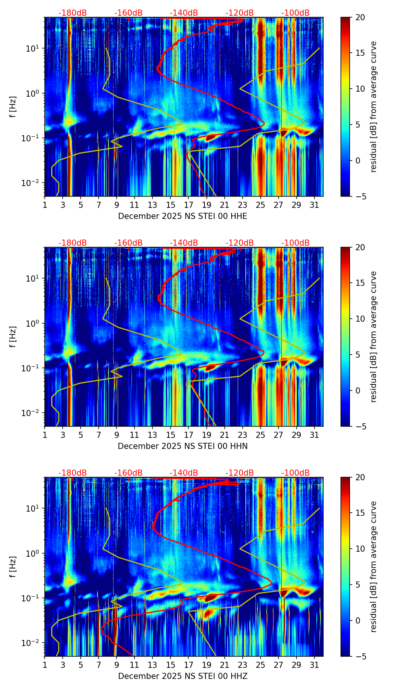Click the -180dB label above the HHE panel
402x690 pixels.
[73, 13]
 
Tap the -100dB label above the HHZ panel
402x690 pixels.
[295, 473]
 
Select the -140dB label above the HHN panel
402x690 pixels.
[184, 243]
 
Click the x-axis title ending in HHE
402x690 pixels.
[182, 216]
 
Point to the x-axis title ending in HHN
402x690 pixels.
[182, 446]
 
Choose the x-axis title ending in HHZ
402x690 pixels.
[182, 676]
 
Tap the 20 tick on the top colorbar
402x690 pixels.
[360, 18]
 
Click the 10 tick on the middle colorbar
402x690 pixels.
[360, 319]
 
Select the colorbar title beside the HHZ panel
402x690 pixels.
[373, 567]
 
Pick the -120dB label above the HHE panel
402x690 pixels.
[240, 13]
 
